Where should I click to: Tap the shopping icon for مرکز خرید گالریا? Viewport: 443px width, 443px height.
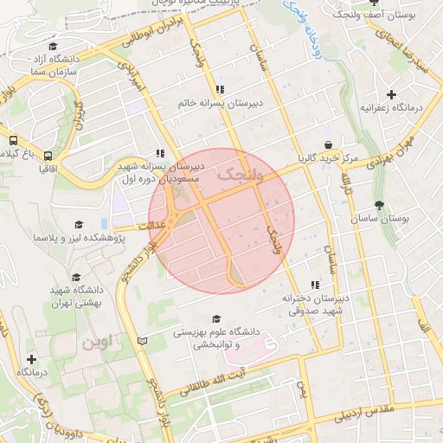pyautogui.click(x=328, y=145)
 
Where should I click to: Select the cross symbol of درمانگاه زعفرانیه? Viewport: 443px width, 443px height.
pyautogui.click(x=391, y=94)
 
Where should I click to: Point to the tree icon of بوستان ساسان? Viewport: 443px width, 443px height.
pyautogui.click(x=380, y=205)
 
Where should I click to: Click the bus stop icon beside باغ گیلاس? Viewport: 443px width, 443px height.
pyautogui.click(x=13, y=139)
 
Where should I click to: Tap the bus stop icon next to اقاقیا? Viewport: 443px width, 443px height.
pyautogui.click(x=47, y=157)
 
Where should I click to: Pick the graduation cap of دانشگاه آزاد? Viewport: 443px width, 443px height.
pyautogui.click(x=53, y=47)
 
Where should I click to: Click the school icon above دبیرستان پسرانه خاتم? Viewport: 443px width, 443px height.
pyautogui.click(x=220, y=89)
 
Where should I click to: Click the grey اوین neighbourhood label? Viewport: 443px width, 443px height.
pyautogui.click(x=96, y=343)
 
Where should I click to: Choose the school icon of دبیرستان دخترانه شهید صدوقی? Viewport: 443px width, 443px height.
pyautogui.click(x=315, y=284)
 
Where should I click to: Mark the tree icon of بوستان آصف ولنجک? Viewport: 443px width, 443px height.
pyautogui.click(x=374, y=3)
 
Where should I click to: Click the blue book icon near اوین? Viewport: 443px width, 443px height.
pyautogui.click(x=143, y=340)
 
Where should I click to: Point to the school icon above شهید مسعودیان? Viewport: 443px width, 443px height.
pyautogui.click(x=159, y=153)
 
